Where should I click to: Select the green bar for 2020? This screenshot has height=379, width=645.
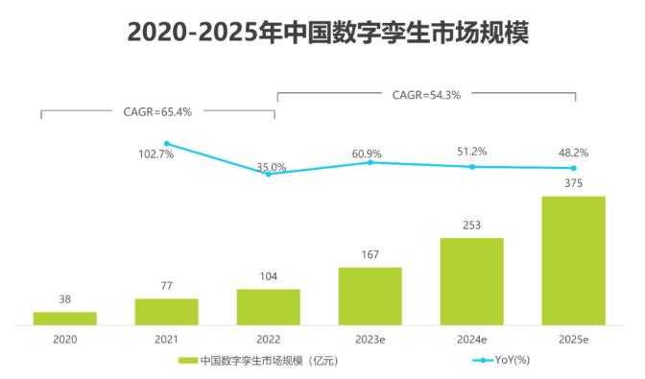point(64,318)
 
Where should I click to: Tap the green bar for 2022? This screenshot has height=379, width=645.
point(268,306)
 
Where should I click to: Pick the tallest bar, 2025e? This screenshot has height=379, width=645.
point(573,260)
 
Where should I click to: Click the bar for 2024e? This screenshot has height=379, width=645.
point(471,280)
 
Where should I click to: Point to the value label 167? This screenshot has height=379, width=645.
point(370,254)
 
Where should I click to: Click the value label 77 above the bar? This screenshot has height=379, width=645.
point(166,285)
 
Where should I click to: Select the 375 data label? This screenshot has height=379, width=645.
point(573,183)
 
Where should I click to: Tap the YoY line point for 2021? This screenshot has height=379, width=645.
point(167,144)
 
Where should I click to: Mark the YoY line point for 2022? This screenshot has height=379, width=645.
point(269,174)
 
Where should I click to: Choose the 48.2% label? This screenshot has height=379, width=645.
point(573,153)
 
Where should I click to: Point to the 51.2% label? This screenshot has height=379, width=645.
point(471,151)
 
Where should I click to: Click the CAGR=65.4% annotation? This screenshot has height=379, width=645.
point(158,111)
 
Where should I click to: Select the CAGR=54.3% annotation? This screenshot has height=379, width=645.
point(426,95)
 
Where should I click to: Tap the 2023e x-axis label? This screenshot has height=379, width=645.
point(370,339)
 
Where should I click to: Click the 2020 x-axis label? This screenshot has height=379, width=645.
point(64,339)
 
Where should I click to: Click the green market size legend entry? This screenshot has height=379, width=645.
point(259,361)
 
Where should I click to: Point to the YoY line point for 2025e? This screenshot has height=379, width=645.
point(573,168)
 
